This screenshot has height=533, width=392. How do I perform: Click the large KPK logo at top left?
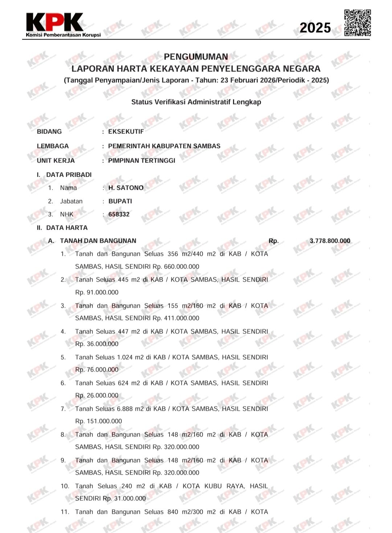point(54,22)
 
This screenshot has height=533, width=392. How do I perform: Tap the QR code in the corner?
point(358,23)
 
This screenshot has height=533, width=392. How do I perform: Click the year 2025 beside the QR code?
point(315,28)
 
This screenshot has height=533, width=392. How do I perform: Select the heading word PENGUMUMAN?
point(196,57)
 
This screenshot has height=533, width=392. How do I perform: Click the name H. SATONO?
point(126,188)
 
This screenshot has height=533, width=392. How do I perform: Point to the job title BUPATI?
point(120,201)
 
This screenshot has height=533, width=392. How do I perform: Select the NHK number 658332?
point(119,214)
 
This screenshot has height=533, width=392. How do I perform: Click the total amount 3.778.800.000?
point(330,241)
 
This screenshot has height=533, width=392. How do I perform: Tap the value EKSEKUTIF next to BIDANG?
point(126,132)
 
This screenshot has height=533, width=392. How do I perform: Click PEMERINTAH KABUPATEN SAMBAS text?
point(164,146)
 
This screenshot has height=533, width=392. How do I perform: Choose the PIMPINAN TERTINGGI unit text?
point(142,161)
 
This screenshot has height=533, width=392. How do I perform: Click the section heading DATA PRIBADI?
point(69,175)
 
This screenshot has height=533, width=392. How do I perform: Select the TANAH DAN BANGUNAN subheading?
point(98,241)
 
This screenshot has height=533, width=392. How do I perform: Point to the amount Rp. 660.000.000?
point(176,267)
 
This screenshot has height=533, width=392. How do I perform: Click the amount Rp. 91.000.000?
point(97,292)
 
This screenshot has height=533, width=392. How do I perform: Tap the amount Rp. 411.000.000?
point(176,318)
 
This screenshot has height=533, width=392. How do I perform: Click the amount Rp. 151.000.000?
point(99,421)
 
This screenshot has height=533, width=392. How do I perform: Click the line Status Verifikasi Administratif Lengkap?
point(196,102)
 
